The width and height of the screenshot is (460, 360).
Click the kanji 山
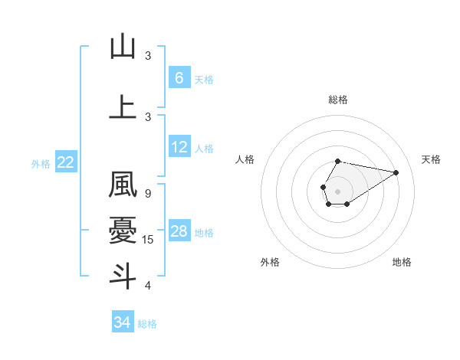(123, 47)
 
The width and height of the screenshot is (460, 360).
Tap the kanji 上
(123, 106)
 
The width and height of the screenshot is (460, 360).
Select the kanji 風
(123, 186)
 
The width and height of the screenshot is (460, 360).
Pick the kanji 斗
(123, 275)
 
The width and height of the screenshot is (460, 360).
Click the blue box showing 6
(179, 78)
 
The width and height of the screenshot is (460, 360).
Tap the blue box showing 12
(179, 147)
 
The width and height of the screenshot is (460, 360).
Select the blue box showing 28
(179, 231)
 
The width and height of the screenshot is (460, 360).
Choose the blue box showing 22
(66, 162)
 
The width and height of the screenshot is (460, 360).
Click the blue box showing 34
(122, 322)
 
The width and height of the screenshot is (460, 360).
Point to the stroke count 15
(149, 240)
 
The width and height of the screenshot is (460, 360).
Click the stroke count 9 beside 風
(148, 194)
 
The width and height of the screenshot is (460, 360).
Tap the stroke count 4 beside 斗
(148, 286)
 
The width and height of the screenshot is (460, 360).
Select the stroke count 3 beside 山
(148, 56)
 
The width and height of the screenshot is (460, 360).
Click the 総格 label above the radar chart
(337, 100)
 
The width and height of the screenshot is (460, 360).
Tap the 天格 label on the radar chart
(431, 159)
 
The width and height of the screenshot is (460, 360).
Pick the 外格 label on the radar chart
(269, 262)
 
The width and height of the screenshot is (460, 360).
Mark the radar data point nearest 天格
(397, 172)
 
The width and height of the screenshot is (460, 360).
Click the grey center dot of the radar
(337, 190)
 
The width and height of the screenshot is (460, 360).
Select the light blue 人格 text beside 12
(204, 148)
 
